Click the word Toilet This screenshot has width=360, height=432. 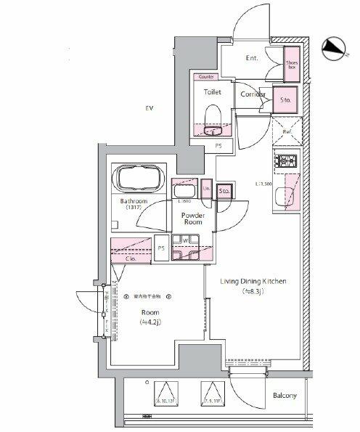[212, 93]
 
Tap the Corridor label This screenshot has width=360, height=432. [251, 94]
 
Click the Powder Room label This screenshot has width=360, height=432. [192, 220]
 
